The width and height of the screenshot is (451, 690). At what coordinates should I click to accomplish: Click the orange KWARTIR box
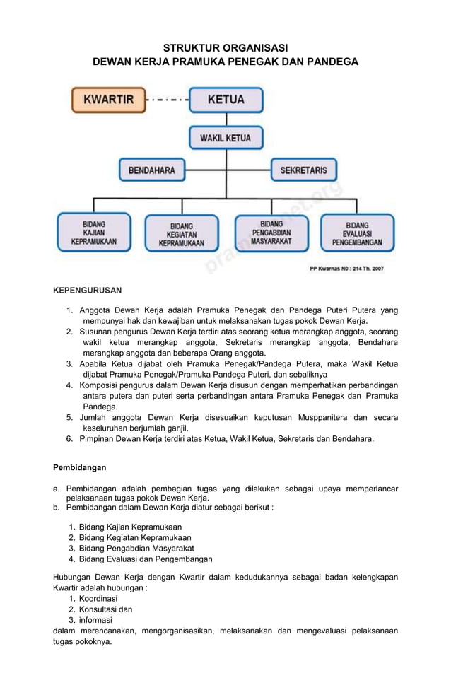point(108,100)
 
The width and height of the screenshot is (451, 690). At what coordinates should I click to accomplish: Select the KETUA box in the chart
point(225,100)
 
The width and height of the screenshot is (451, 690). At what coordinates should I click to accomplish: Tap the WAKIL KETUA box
point(225,138)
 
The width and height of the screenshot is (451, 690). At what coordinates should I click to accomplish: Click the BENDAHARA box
point(151,170)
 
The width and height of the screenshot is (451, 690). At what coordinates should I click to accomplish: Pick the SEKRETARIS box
point(303,170)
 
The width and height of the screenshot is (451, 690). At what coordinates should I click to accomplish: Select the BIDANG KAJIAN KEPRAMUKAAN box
point(94,233)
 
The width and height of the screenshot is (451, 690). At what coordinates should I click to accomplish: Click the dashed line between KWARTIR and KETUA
point(167,100)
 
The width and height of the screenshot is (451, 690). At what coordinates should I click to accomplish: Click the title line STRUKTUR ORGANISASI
point(225,48)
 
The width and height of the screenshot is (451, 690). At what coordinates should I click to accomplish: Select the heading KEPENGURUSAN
point(88,290)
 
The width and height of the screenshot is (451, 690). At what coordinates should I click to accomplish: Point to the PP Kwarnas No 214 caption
point(346,269)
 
